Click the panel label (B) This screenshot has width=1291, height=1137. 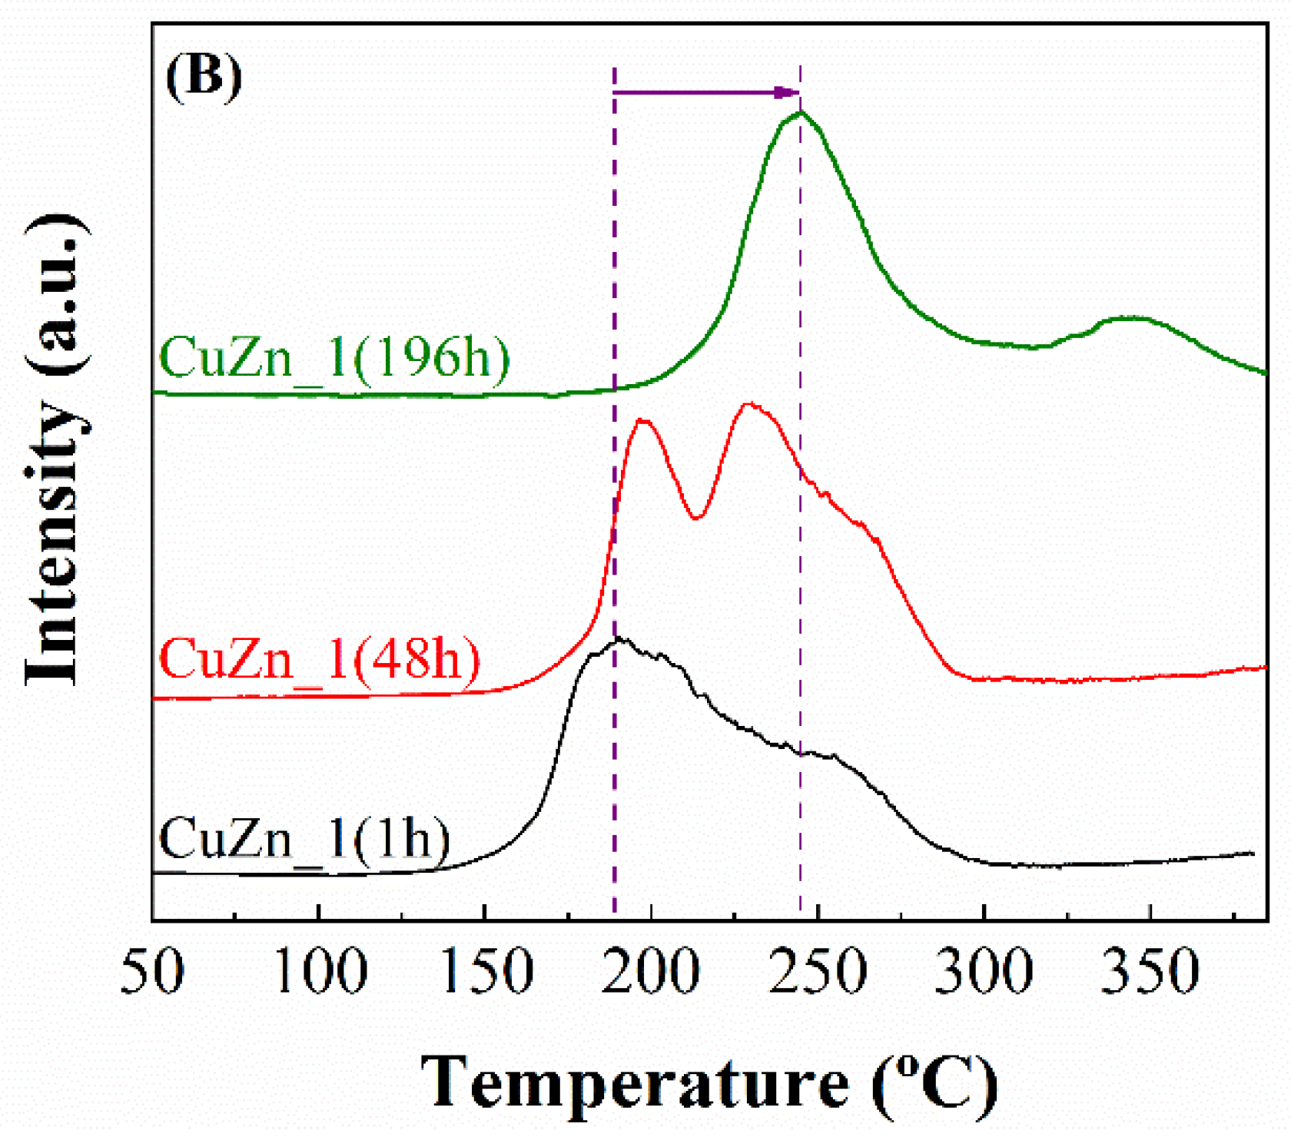(204, 75)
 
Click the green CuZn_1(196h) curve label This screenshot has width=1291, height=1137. (334, 358)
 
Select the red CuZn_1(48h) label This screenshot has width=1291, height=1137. (320, 658)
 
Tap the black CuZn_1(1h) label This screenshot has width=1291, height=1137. (304, 838)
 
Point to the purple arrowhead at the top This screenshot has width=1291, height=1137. (788, 93)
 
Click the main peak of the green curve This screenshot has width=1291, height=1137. (800, 114)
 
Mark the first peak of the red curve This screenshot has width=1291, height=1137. (642, 420)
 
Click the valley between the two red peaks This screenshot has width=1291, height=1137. (696, 518)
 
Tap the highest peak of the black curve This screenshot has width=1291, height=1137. (619, 639)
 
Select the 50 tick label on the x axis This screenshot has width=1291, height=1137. (152, 972)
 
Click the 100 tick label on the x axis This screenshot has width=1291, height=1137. (320, 972)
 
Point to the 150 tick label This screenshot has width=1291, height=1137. (486, 972)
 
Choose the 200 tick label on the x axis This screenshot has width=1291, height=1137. (652, 972)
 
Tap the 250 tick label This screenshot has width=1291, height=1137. (818, 972)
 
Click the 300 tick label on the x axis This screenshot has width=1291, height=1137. (984, 972)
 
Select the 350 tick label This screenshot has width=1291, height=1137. (1150, 972)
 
